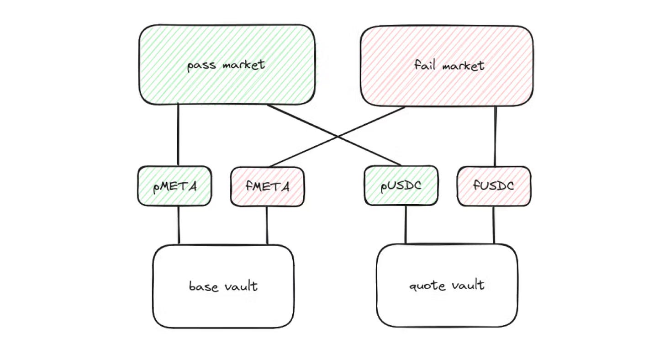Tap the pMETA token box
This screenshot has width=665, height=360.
(174, 186)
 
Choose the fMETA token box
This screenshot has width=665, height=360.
(267, 186)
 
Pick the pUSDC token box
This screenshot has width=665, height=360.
(401, 186)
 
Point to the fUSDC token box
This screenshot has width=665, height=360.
(494, 186)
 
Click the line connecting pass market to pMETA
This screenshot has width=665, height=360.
(178, 135)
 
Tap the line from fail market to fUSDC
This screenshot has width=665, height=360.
(496, 136)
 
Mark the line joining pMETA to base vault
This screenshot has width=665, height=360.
(179, 225)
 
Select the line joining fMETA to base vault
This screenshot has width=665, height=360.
(267, 225)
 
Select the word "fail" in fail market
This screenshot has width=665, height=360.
(424, 65)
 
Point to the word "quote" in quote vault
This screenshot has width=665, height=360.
(427, 286)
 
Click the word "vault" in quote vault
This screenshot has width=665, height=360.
(468, 286)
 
